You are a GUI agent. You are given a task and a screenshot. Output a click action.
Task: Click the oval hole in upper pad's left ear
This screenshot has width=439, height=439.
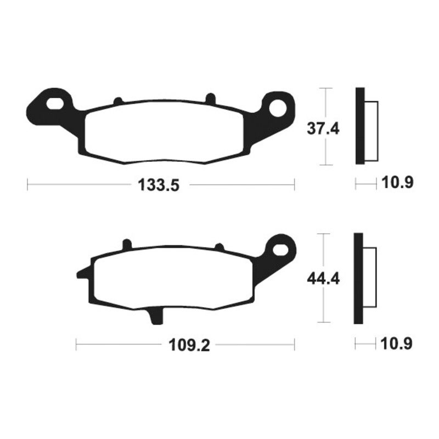click(x=55, y=103)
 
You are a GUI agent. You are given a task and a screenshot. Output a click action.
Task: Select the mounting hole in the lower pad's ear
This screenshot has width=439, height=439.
click(x=283, y=249)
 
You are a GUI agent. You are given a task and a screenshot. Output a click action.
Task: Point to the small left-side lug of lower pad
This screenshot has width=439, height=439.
click(x=82, y=272)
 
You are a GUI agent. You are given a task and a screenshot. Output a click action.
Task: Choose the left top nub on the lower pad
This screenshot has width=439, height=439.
click(x=127, y=244)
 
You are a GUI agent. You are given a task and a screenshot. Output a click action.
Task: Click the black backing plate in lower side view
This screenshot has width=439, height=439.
click(x=358, y=278)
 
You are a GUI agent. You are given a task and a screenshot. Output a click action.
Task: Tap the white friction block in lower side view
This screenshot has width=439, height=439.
click(x=370, y=278)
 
